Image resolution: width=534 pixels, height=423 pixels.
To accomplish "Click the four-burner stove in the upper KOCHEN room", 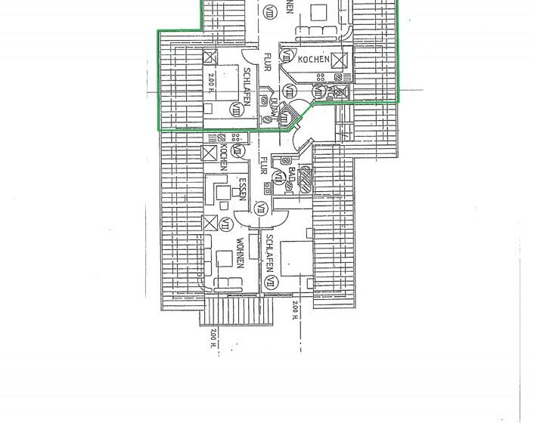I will pos(323,76).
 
